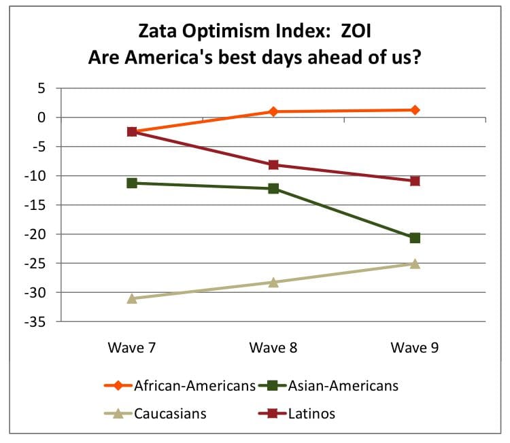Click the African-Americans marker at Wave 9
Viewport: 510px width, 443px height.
tap(415, 110)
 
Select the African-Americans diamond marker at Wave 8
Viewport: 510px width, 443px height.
tap(273, 111)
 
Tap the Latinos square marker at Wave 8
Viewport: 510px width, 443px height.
tap(273, 164)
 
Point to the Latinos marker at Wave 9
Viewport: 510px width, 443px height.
tap(415, 181)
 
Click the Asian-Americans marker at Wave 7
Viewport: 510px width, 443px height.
tap(132, 183)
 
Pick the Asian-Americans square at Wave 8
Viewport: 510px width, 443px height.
tap(273, 188)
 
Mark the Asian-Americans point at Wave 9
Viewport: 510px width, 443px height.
tap(415, 238)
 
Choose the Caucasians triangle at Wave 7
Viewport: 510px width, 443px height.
tap(132, 298)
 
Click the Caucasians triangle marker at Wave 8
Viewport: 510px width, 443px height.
tap(273, 282)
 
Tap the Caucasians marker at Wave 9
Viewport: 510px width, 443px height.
tap(415, 264)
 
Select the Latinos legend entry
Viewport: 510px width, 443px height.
tap(310, 412)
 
